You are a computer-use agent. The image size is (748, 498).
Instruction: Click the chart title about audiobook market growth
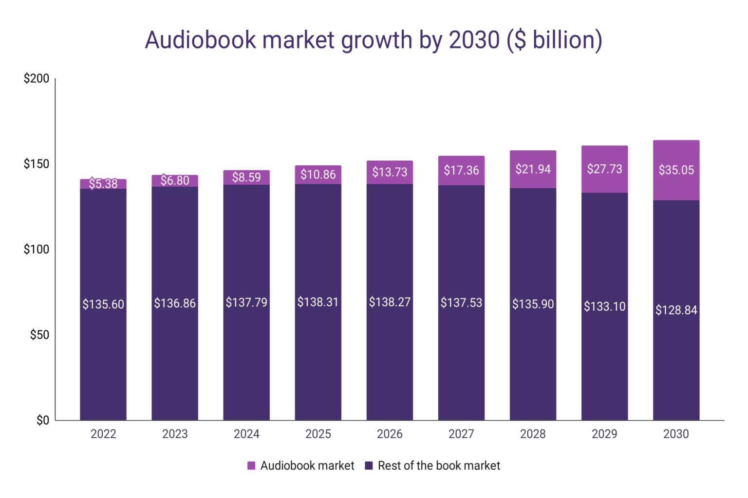click(374, 40)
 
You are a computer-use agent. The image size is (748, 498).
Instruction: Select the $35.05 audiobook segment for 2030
click(676, 170)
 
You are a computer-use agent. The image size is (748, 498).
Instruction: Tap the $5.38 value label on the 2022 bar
click(103, 184)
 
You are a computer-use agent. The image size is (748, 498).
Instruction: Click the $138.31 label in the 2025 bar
click(318, 302)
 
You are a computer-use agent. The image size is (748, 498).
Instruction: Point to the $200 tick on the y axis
click(37, 78)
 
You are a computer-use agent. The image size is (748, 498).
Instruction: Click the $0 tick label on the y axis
click(43, 421)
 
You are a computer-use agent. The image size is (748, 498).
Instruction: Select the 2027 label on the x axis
click(461, 434)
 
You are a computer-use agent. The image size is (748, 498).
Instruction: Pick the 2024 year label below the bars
click(246, 434)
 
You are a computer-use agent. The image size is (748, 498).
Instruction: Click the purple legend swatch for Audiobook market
click(251, 466)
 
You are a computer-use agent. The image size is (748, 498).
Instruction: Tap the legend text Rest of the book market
click(439, 466)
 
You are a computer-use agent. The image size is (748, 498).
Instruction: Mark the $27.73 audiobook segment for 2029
click(604, 169)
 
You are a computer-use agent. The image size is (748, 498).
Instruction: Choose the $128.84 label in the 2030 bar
click(676, 310)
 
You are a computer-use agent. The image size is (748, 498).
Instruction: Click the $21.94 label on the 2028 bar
click(533, 169)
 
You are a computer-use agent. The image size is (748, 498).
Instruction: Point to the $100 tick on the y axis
click(37, 249)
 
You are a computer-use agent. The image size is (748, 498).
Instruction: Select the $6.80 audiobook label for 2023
click(175, 180)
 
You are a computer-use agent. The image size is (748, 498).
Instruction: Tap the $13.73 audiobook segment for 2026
click(390, 172)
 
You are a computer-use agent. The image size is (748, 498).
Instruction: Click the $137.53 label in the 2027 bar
click(461, 302)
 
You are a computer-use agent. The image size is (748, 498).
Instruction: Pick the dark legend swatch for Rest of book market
click(369, 466)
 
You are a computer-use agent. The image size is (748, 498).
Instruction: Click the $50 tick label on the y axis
click(39, 335)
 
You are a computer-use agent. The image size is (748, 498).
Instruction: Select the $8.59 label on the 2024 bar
click(246, 177)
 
